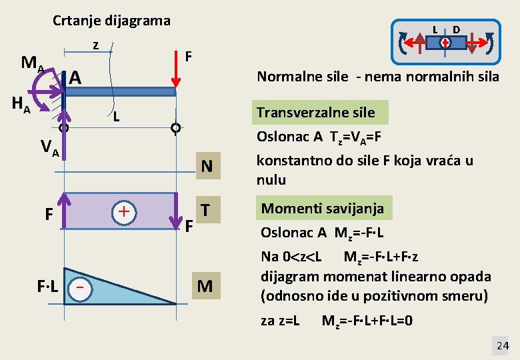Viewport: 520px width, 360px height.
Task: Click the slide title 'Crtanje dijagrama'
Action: tap(111, 21)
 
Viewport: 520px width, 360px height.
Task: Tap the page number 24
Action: tap(503, 345)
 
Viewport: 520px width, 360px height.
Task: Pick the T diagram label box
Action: tap(207, 209)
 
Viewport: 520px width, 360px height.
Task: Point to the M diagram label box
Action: tap(205, 286)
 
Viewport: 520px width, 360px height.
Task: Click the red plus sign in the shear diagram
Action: tap(123, 212)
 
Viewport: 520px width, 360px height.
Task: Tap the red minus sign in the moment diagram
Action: tap(80, 287)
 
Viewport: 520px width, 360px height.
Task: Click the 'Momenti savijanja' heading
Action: tap(322, 208)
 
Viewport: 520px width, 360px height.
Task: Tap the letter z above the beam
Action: tap(96, 45)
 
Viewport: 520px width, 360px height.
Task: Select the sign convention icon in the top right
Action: tap(445, 42)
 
